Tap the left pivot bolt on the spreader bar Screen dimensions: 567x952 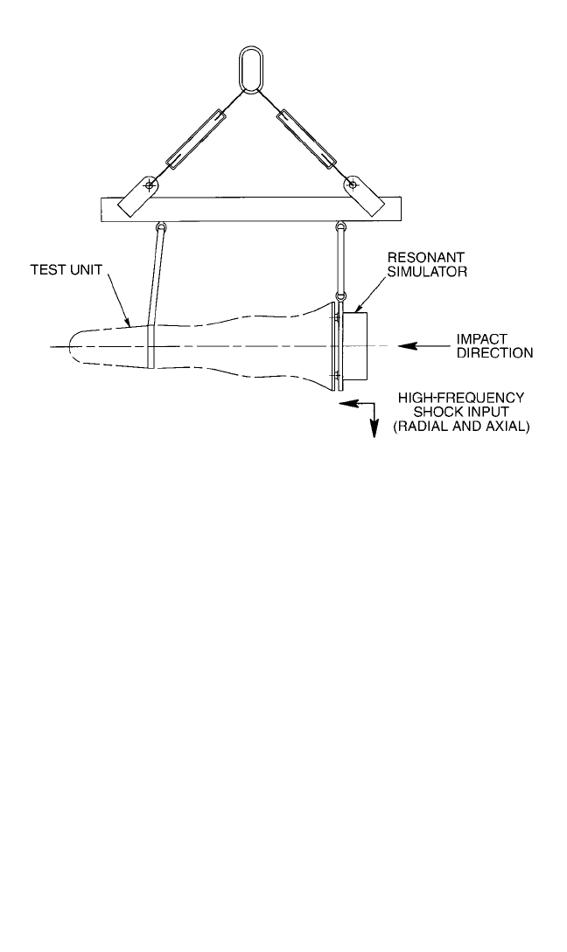click(x=148, y=184)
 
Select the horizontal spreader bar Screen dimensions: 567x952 click(x=250, y=209)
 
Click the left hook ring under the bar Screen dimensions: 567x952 click(x=162, y=227)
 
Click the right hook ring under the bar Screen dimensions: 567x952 click(x=341, y=227)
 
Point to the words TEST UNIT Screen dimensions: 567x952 click(x=66, y=269)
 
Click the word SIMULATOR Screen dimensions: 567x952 click(x=427, y=272)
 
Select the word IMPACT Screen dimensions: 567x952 click(x=482, y=339)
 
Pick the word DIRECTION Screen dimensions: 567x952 click(x=494, y=353)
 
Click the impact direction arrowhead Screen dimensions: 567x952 click(x=407, y=346)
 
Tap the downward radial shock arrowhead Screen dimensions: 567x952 click(x=374, y=430)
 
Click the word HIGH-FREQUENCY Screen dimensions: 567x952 click(x=460, y=399)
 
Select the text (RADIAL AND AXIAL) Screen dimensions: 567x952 click(x=461, y=427)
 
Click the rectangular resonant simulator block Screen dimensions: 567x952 click(x=356, y=346)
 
